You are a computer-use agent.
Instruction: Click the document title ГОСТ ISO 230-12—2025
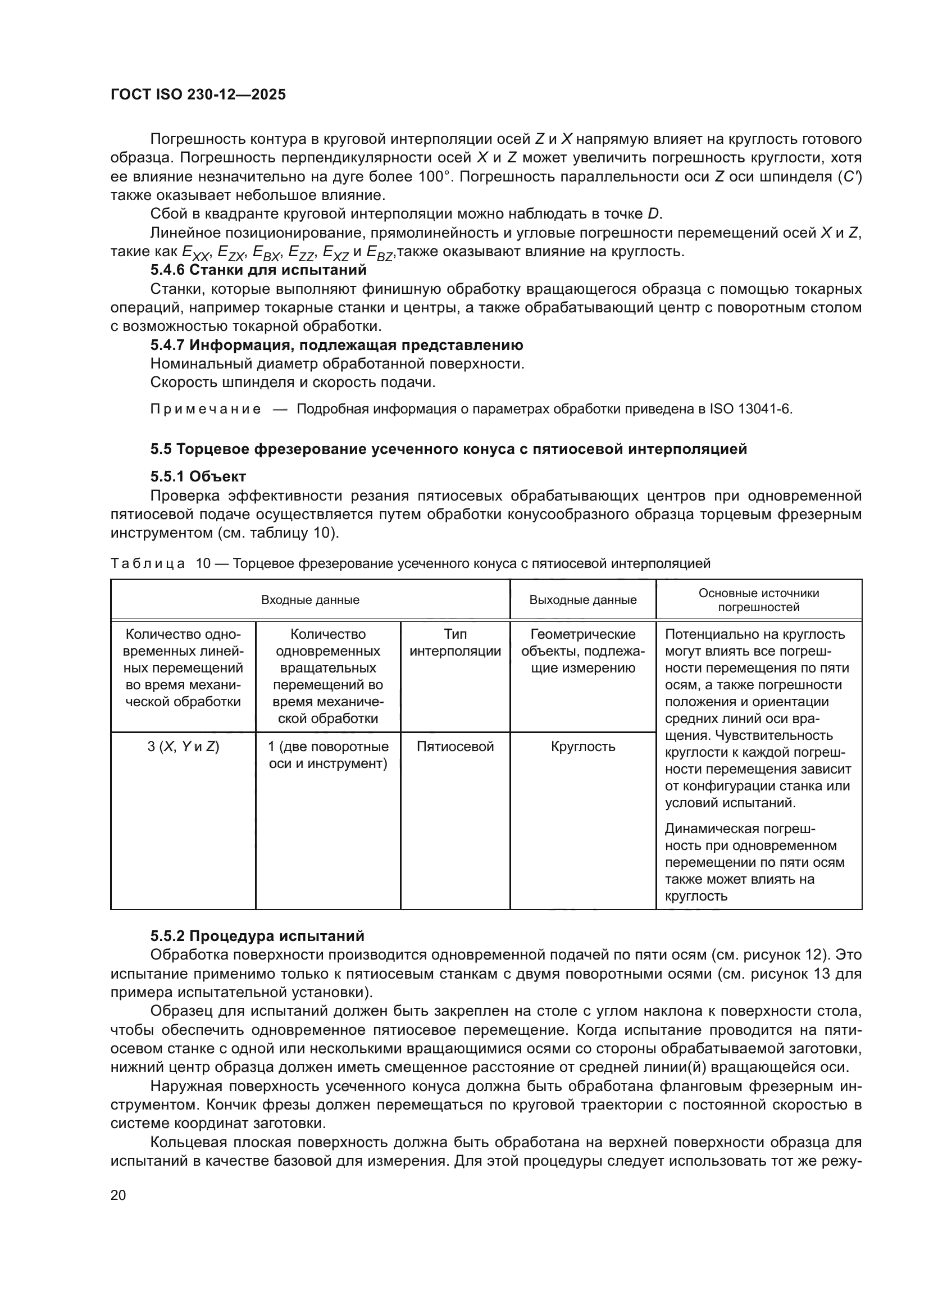click(x=198, y=94)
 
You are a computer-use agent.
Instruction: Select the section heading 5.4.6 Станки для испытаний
click(x=258, y=270)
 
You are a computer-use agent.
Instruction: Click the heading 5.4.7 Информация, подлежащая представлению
click(x=336, y=345)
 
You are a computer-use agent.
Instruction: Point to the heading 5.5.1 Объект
click(x=198, y=476)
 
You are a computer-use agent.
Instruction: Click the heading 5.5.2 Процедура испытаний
click(x=257, y=936)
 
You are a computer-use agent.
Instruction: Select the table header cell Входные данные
click(x=310, y=600)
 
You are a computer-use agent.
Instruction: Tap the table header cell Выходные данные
click(x=582, y=600)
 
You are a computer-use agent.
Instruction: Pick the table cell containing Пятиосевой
click(x=455, y=746)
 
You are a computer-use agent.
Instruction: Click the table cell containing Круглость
click(x=582, y=746)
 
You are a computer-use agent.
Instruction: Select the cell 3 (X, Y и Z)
click(x=183, y=746)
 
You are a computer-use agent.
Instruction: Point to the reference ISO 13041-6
click(x=750, y=409)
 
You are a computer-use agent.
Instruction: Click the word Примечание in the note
click(x=206, y=409)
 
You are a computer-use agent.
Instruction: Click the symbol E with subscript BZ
click(x=379, y=252)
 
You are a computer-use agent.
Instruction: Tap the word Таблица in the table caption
click(x=148, y=563)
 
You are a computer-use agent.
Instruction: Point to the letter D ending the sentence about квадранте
click(x=653, y=214)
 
